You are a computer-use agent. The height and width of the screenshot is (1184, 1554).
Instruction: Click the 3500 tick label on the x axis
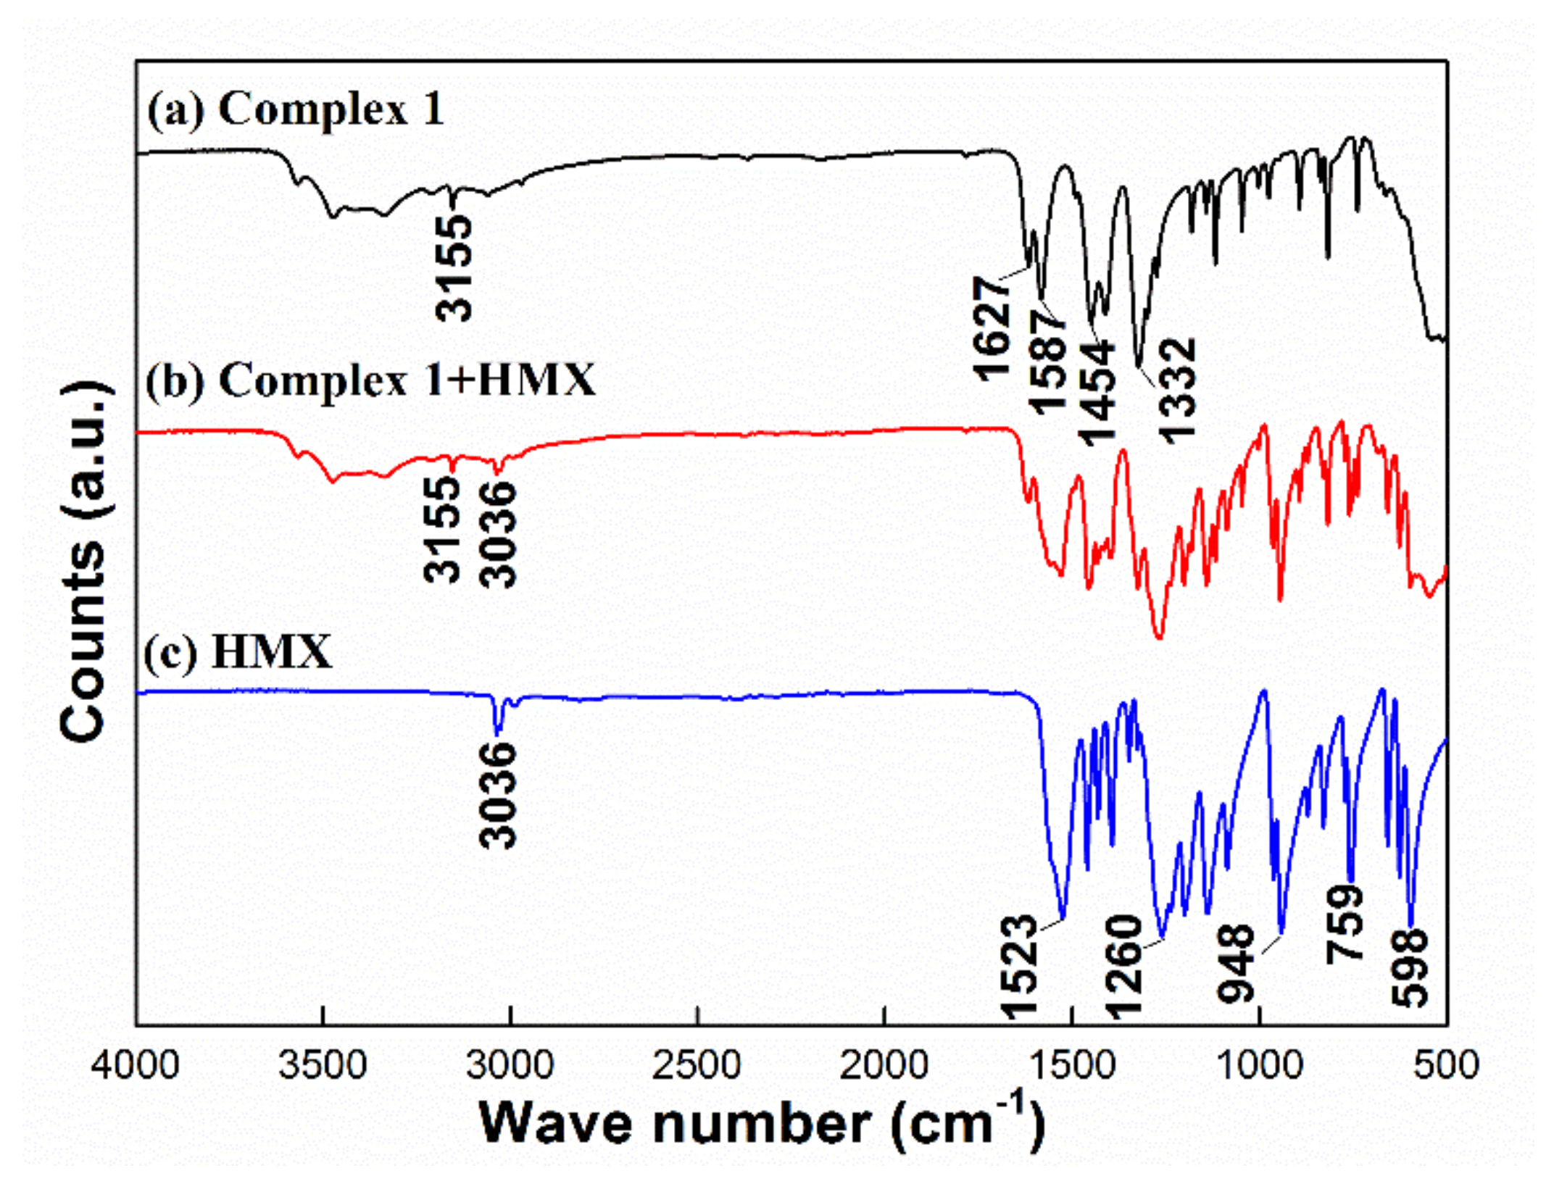coord(323,1065)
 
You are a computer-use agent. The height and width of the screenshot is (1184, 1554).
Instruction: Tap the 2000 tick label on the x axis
coord(884,1065)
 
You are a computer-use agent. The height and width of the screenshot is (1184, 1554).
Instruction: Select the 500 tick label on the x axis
coord(1446,1065)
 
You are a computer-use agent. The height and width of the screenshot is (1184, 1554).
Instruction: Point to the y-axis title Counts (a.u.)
coord(86,562)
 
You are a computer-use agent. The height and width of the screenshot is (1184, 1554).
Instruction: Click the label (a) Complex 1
coord(295,111)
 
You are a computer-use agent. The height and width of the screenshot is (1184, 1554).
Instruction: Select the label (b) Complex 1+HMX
coord(370,380)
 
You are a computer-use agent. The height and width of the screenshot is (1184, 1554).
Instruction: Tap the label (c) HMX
coord(238,652)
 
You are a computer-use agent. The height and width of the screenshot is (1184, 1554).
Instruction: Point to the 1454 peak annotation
coord(1097,392)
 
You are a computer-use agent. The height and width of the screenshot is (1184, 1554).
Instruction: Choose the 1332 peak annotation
coord(1176,391)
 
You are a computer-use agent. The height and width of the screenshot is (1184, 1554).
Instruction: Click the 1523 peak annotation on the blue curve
coord(1019,967)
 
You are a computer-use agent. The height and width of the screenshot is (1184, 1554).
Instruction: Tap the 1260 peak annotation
coord(1123,968)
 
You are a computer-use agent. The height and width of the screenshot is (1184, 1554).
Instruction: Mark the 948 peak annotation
coord(1236,963)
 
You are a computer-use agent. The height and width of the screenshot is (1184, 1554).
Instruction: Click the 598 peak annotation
coord(1410,968)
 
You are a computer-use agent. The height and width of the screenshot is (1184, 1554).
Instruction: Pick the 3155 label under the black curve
coord(454,267)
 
